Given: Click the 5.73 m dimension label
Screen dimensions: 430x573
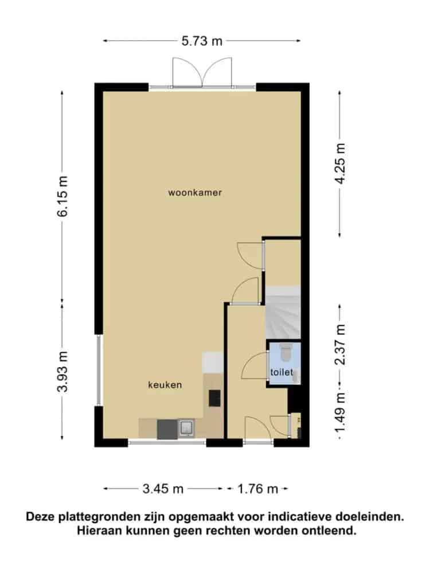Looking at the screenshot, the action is pyautogui.click(x=202, y=41).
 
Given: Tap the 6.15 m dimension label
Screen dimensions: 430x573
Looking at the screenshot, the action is pyautogui.click(x=62, y=196).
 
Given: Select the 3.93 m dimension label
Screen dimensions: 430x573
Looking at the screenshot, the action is pyautogui.click(x=62, y=372).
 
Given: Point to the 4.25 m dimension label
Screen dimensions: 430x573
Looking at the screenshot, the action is pyautogui.click(x=340, y=163).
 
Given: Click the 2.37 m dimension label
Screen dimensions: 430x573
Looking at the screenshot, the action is pyautogui.click(x=340, y=345).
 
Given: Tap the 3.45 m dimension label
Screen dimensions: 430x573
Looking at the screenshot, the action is pyautogui.click(x=163, y=489).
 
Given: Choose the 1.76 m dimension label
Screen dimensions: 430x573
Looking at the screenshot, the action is pyautogui.click(x=258, y=489).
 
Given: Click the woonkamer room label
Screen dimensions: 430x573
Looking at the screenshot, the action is pyautogui.click(x=195, y=193).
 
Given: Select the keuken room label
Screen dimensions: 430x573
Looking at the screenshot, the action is pyautogui.click(x=165, y=385).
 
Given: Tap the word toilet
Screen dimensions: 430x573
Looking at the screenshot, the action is pyautogui.click(x=282, y=372).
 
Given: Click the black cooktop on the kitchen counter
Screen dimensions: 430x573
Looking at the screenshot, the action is pyautogui.click(x=214, y=398).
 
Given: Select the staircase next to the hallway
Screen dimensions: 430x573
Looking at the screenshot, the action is pyautogui.click(x=283, y=313).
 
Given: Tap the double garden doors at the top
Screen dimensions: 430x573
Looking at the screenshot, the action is pyautogui.click(x=202, y=72).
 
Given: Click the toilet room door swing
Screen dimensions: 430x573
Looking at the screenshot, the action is pyautogui.click(x=255, y=366).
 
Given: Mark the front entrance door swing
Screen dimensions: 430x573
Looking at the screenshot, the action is pyautogui.click(x=258, y=430).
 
